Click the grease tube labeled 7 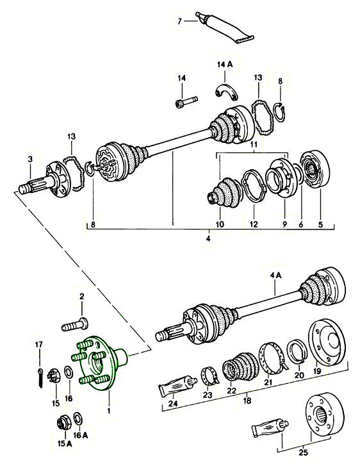(x=225, y=28)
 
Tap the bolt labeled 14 (x=186, y=102)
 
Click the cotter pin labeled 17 (x=40, y=377)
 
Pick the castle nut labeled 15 (x=54, y=375)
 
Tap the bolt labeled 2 (x=75, y=324)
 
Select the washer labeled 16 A (x=78, y=419)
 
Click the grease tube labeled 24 (x=178, y=385)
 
